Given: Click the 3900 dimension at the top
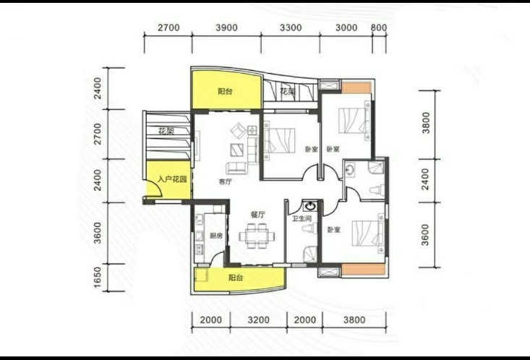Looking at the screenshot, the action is click(x=226, y=27).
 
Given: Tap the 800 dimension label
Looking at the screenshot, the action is click(x=379, y=27).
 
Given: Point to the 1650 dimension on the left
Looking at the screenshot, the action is click(x=98, y=278).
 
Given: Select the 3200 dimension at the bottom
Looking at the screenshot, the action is click(x=259, y=320).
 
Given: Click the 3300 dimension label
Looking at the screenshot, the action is click(x=291, y=27).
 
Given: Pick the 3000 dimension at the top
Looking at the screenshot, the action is click(x=346, y=27).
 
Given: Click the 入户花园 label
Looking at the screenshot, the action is click(x=172, y=179).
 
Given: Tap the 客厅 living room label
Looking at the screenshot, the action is click(x=226, y=181).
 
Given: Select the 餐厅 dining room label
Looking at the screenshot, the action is click(x=258, y=215).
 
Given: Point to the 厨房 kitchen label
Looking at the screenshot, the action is click(x=216, y=236).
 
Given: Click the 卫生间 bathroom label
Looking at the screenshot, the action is click(x=302, y=219).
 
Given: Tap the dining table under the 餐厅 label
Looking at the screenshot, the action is click(x=257, y=236).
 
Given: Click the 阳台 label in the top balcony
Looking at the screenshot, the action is click(x=225, y=91).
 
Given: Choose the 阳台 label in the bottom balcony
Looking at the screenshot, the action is click(x=236, y=278).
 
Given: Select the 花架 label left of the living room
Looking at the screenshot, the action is click(x=166, y=131).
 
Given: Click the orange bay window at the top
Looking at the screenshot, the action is click(x=356, y=87).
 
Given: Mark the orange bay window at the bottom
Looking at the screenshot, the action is click(x=364, y=270).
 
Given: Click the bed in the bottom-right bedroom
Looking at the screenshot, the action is click(x=368, y=233).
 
